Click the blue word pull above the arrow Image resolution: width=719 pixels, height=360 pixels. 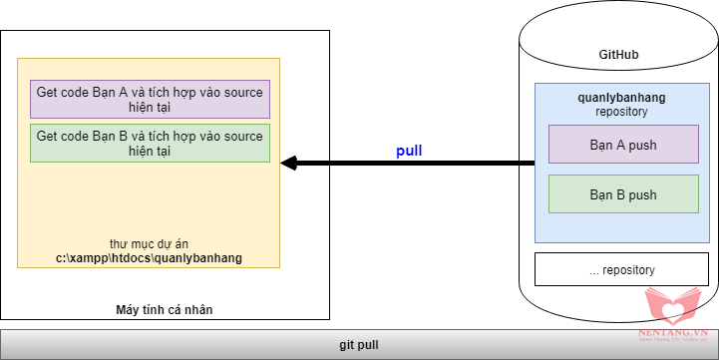point(409,151)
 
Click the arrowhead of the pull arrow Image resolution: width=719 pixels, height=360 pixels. point(289,163)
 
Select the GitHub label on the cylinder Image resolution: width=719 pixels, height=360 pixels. point(618,55)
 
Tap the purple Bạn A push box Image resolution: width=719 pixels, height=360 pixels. point(623,144)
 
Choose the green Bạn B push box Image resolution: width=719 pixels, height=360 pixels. point(623,193)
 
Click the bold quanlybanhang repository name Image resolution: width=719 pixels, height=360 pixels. point(621,98)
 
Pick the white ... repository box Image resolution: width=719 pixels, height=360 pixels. point(622,269)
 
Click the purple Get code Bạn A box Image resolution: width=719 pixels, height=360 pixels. point(150,99)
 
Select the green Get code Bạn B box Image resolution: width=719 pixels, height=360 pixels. point(150,143)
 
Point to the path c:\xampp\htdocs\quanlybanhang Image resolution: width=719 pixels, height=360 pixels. point(149,258)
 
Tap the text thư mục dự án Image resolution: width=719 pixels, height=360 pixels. point(149,244)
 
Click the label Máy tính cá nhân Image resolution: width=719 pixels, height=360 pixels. point(165,310)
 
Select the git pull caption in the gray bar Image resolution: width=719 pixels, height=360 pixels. point(359,345)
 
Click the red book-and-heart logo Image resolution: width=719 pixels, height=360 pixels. point(673,306)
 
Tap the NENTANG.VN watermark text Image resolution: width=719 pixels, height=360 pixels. point(673,332)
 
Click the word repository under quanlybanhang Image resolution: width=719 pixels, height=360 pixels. point(621,112)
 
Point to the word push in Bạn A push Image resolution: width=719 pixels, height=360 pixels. point(642,146)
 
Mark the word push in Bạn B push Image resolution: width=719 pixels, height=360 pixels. point(642,194)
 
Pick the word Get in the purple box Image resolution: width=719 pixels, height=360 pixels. point(46,92)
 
